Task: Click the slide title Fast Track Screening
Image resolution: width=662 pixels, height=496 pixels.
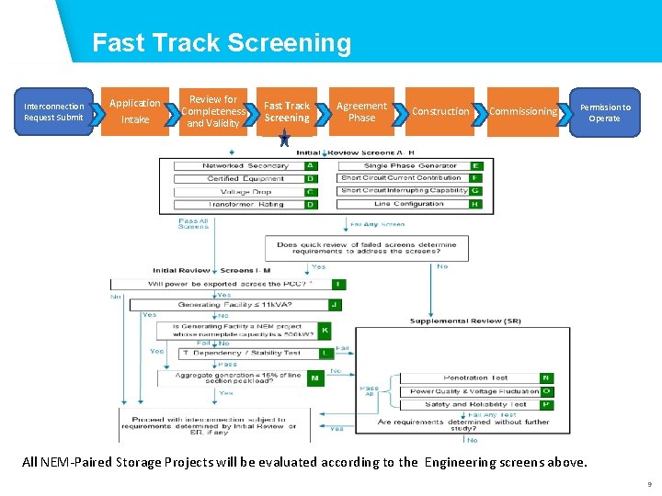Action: [222, 43]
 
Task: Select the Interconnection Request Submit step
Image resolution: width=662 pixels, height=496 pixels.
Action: [53, 111]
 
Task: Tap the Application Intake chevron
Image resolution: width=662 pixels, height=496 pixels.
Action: [135, 111]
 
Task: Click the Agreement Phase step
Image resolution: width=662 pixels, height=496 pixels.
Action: [361, 111]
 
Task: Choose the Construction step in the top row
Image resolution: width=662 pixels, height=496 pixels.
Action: [439, 111]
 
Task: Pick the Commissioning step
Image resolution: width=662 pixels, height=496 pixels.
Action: [522, 111]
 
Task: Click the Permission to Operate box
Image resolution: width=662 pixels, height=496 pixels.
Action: [604, 112]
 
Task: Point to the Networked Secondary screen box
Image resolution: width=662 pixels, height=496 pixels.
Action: [245, 166]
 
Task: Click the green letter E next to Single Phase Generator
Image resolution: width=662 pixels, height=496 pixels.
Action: [475, 166]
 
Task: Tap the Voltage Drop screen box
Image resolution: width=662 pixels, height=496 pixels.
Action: [245, 192]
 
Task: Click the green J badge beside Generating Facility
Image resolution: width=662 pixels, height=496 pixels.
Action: [336, 304]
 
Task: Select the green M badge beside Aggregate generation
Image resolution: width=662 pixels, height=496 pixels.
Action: [315, 378]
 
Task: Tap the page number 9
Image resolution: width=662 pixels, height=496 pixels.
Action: [649, 484]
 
